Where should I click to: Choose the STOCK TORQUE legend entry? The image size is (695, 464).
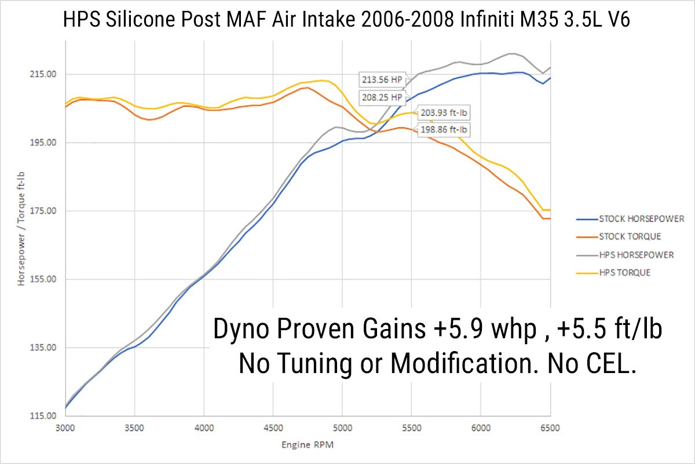coord(630,236)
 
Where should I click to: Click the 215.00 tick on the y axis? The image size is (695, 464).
coord(43,74)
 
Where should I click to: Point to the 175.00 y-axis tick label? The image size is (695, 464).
coord(43,211)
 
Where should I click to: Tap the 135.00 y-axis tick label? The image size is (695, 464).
coord(43,348)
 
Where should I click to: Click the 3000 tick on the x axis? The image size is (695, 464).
coord(65,428)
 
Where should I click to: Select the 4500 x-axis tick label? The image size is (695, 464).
coord(273,428)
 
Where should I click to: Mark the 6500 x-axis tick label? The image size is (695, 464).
coord(550,428)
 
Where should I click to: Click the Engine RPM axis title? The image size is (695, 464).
coord(308,445)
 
